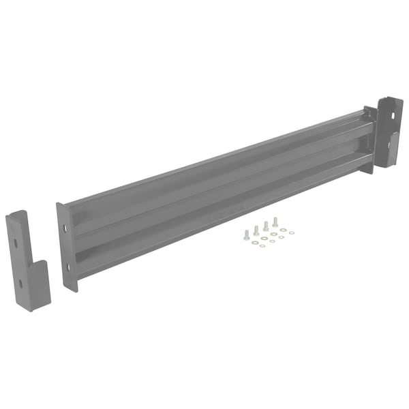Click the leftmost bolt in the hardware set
(245, 234)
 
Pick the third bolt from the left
(266, 225)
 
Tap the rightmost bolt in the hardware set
(275, 222)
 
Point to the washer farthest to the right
(292, 232)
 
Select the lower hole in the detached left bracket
(21, 283)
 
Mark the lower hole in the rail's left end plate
(68, 267)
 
